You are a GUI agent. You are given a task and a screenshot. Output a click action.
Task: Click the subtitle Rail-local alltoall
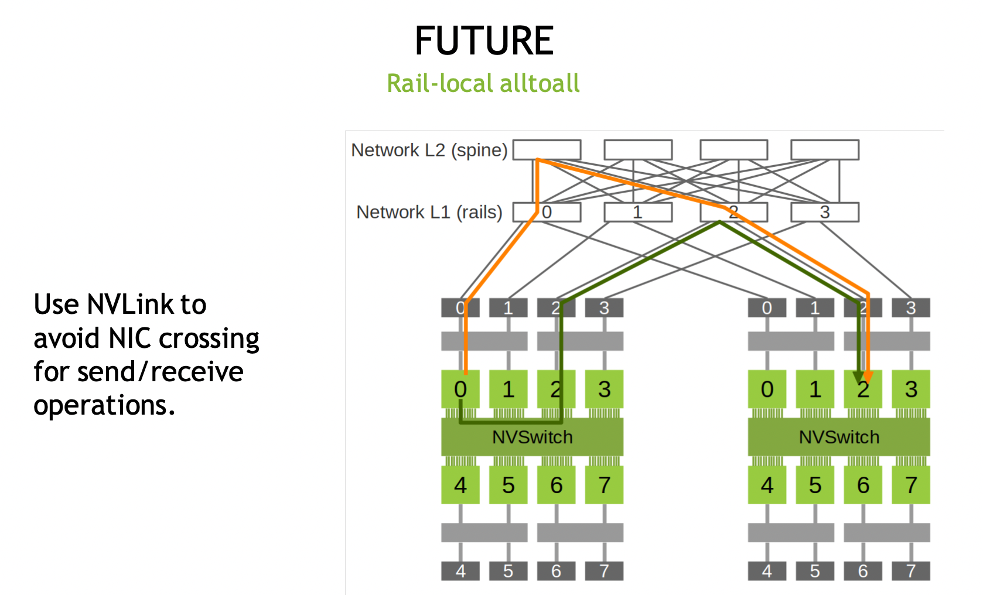pyautogui.click(x=483, y=83)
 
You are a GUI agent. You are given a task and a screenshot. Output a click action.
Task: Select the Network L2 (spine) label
pyautogui.click(x=429, y=151)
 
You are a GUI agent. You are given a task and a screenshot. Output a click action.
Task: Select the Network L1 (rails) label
pyautogui.click(x=429, y=212)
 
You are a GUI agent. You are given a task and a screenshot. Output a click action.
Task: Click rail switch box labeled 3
pyautogui.click(x=824, y=212)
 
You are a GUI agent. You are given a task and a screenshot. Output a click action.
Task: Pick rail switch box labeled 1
pyautogui.click(x=638, y=212)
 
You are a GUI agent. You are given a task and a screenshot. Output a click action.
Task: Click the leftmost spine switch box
pyautogui.click(x=547, y=149)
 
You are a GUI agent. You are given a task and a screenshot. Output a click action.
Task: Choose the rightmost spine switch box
pyautogui.click(x=824, y=149)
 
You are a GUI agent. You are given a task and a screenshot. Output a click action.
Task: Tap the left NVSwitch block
pyautogui.click(x=532, y=437)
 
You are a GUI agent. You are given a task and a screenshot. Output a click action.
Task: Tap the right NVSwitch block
pyautogui.click(x=839, y=437)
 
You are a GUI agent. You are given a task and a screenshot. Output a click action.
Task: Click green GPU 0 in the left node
pyautogui.click(x=460, y=389)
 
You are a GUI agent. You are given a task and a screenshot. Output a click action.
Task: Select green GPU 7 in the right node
pyautogui.click(x=910, y=485)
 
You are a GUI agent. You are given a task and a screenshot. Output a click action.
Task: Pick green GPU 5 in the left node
pyautogui.click(x=508, y=485)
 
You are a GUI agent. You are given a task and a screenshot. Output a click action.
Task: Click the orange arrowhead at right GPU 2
pyautogui.click(x=868, y=376)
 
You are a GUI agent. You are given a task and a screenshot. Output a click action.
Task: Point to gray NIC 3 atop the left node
pyautogui.click(x=604, y=307)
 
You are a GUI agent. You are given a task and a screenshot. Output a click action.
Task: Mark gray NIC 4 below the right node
pyautogui.click(x=767, y=571)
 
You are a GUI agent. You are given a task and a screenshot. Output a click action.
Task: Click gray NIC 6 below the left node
pyautogui.click(x=556, y=571)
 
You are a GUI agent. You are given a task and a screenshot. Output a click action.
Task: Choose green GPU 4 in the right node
pyautogui.click(x=767, y=485)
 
